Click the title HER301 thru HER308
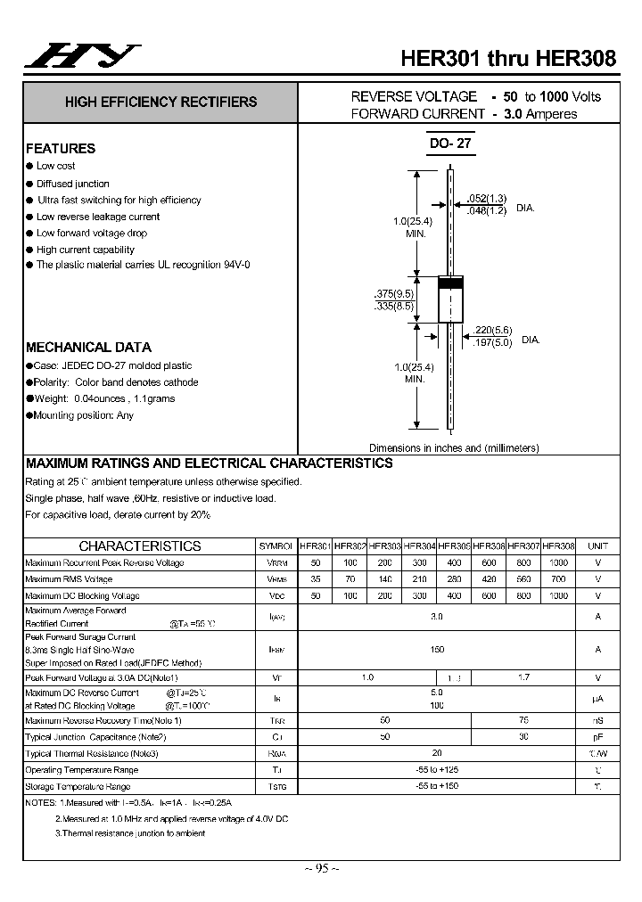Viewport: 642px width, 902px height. pyautogui.click(x=507, y=59)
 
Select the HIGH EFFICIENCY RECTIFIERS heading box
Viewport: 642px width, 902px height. pyautogui.click(x=160, y=102)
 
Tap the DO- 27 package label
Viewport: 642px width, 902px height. pyautogui.click(x=449, y=143)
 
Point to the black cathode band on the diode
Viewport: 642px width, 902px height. pyautogui.click(x=450, y=284)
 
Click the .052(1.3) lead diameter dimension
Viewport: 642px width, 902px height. pyautogui.click(x=487, y=198)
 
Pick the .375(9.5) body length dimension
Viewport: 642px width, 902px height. pyautogui.click(x=393, y=293)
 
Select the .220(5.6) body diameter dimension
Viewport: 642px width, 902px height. pyautogui.click(x=492, y=329)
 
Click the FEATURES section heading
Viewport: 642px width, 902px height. pyautogui.click(x=61, y=149)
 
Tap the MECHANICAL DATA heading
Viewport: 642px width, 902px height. pyautogui.click(x=88, y=348)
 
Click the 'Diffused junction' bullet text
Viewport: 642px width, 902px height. pyautogui.click(x=73, y=184)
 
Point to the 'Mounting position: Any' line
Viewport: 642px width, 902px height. pyautogui.click(x=84, y=415)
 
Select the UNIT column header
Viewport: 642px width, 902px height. pyautogui.click(x=597, y=545)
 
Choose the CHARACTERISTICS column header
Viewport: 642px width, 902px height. pyautogui.click(x=140, y=545)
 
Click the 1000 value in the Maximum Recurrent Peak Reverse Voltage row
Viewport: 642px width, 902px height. pyautogui.click(x=558, y=562)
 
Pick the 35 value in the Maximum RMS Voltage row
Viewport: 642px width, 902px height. pyautogui.click(x=315, y=579)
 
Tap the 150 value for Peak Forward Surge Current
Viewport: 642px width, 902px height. pyautogui.click(x=437, y=650)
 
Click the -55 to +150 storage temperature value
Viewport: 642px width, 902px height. pyautogui.click(x=437, y=786)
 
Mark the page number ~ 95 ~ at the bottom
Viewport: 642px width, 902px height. pyautogui.click(x=321, y=868)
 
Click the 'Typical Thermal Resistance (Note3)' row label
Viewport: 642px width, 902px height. pyautogui.click(x=92, y=753)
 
